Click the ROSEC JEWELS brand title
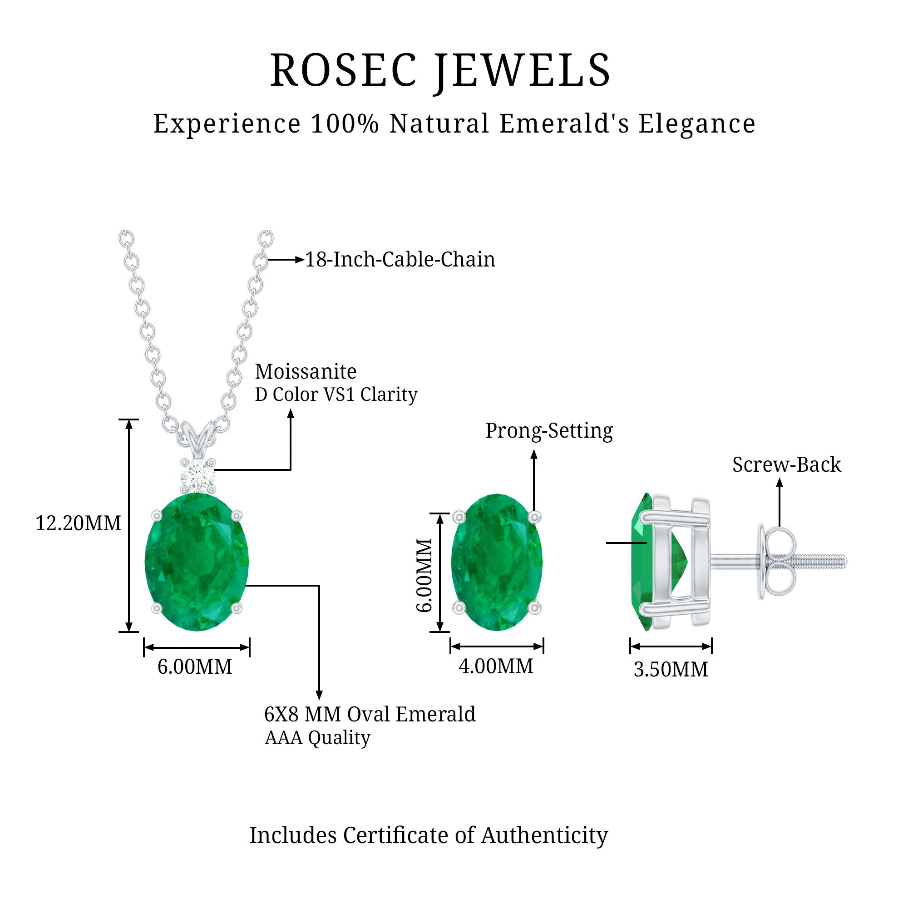(440, 70)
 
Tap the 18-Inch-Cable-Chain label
(400, 259)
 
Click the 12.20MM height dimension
(78, 523)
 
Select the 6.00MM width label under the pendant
(195, 666)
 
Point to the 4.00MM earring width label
(496, 666)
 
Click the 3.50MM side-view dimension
(671, 669)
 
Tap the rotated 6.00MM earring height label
(424, 575)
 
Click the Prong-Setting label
(549, 430)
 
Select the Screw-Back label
(786, 465)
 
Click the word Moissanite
(306, 372)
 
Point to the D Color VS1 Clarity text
(336, 395)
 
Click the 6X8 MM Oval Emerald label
(370, 714)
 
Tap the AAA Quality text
(317, 738)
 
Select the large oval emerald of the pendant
(197, 562)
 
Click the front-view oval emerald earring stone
(496, 562)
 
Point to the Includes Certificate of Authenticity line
(429, 835)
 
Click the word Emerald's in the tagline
(563, 124)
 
